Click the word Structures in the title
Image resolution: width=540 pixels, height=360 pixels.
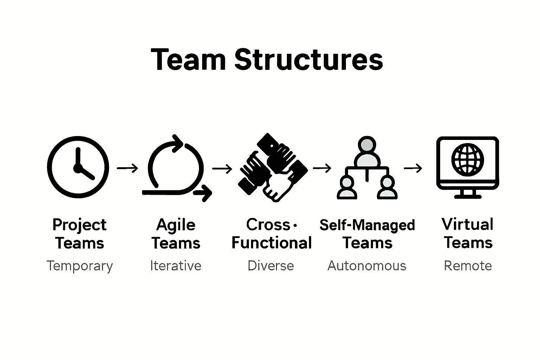click(308, 59)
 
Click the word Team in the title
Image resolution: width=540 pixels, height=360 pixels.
click(188, 59)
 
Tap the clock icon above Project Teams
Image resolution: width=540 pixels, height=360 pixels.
click(78, 167)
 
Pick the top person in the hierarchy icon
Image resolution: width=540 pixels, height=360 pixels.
click(367, 151)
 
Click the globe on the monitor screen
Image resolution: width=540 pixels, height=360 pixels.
click(467, 160)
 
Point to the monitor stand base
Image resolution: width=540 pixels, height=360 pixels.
click(468, 195)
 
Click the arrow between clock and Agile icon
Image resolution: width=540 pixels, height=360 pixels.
click(127, 168)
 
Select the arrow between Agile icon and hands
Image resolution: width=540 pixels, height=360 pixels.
click(222, 169)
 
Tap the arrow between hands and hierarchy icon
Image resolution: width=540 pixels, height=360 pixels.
click(322, 168)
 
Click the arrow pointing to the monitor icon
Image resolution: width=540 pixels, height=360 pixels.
click(413, 168)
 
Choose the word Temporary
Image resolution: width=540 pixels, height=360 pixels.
click(80, 266)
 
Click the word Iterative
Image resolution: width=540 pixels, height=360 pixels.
click(175, 266)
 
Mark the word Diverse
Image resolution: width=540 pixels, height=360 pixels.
click(271, 266)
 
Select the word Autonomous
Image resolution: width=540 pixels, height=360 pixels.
click(367, 266)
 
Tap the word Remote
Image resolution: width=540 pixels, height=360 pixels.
click(468, 266)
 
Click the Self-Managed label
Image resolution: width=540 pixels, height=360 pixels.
click(367, 225)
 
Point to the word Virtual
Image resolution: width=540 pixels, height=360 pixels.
click(468, 224)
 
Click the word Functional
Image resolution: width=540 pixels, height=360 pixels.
click(271, 243)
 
